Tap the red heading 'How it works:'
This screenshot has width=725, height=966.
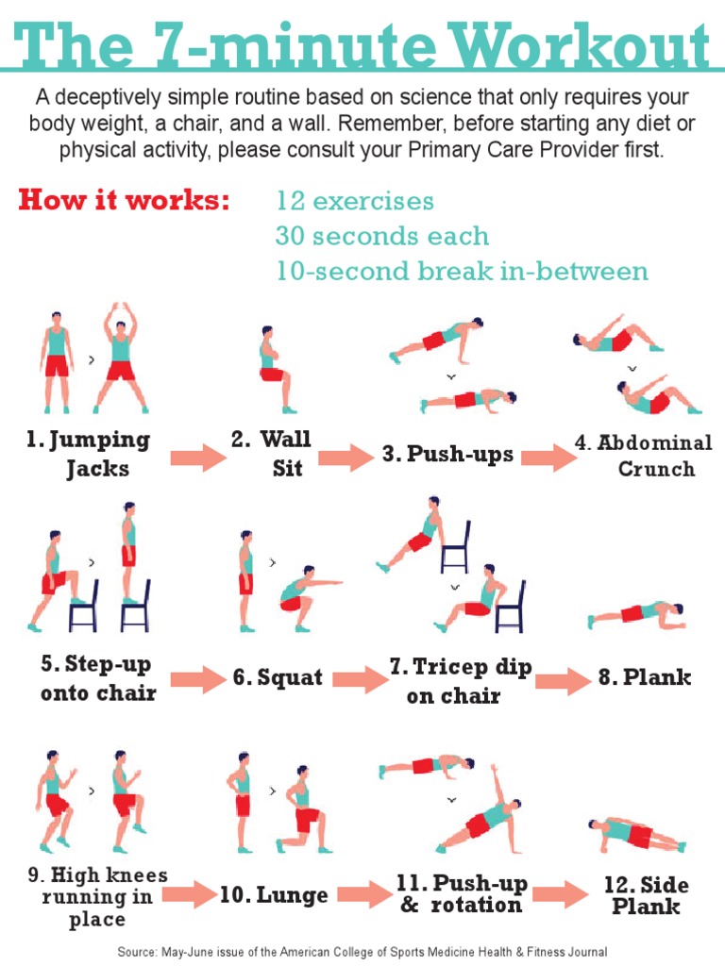124,201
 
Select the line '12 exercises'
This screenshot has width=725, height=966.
355,201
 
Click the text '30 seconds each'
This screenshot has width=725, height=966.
382,236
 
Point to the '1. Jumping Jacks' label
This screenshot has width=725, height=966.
89,454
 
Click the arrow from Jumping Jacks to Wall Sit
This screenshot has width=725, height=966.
198,458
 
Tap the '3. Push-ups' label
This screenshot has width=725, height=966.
448,455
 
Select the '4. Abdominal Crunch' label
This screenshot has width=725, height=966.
644,456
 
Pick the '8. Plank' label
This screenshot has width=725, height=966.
645,677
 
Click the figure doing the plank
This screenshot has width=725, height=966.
638,614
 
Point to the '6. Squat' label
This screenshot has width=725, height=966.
278,677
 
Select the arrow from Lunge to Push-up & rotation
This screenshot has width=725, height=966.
364,895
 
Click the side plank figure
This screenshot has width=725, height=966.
635,833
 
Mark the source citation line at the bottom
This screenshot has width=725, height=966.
362,952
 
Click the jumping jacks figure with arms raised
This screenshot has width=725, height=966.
120,358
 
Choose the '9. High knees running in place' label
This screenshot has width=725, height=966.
97,896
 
